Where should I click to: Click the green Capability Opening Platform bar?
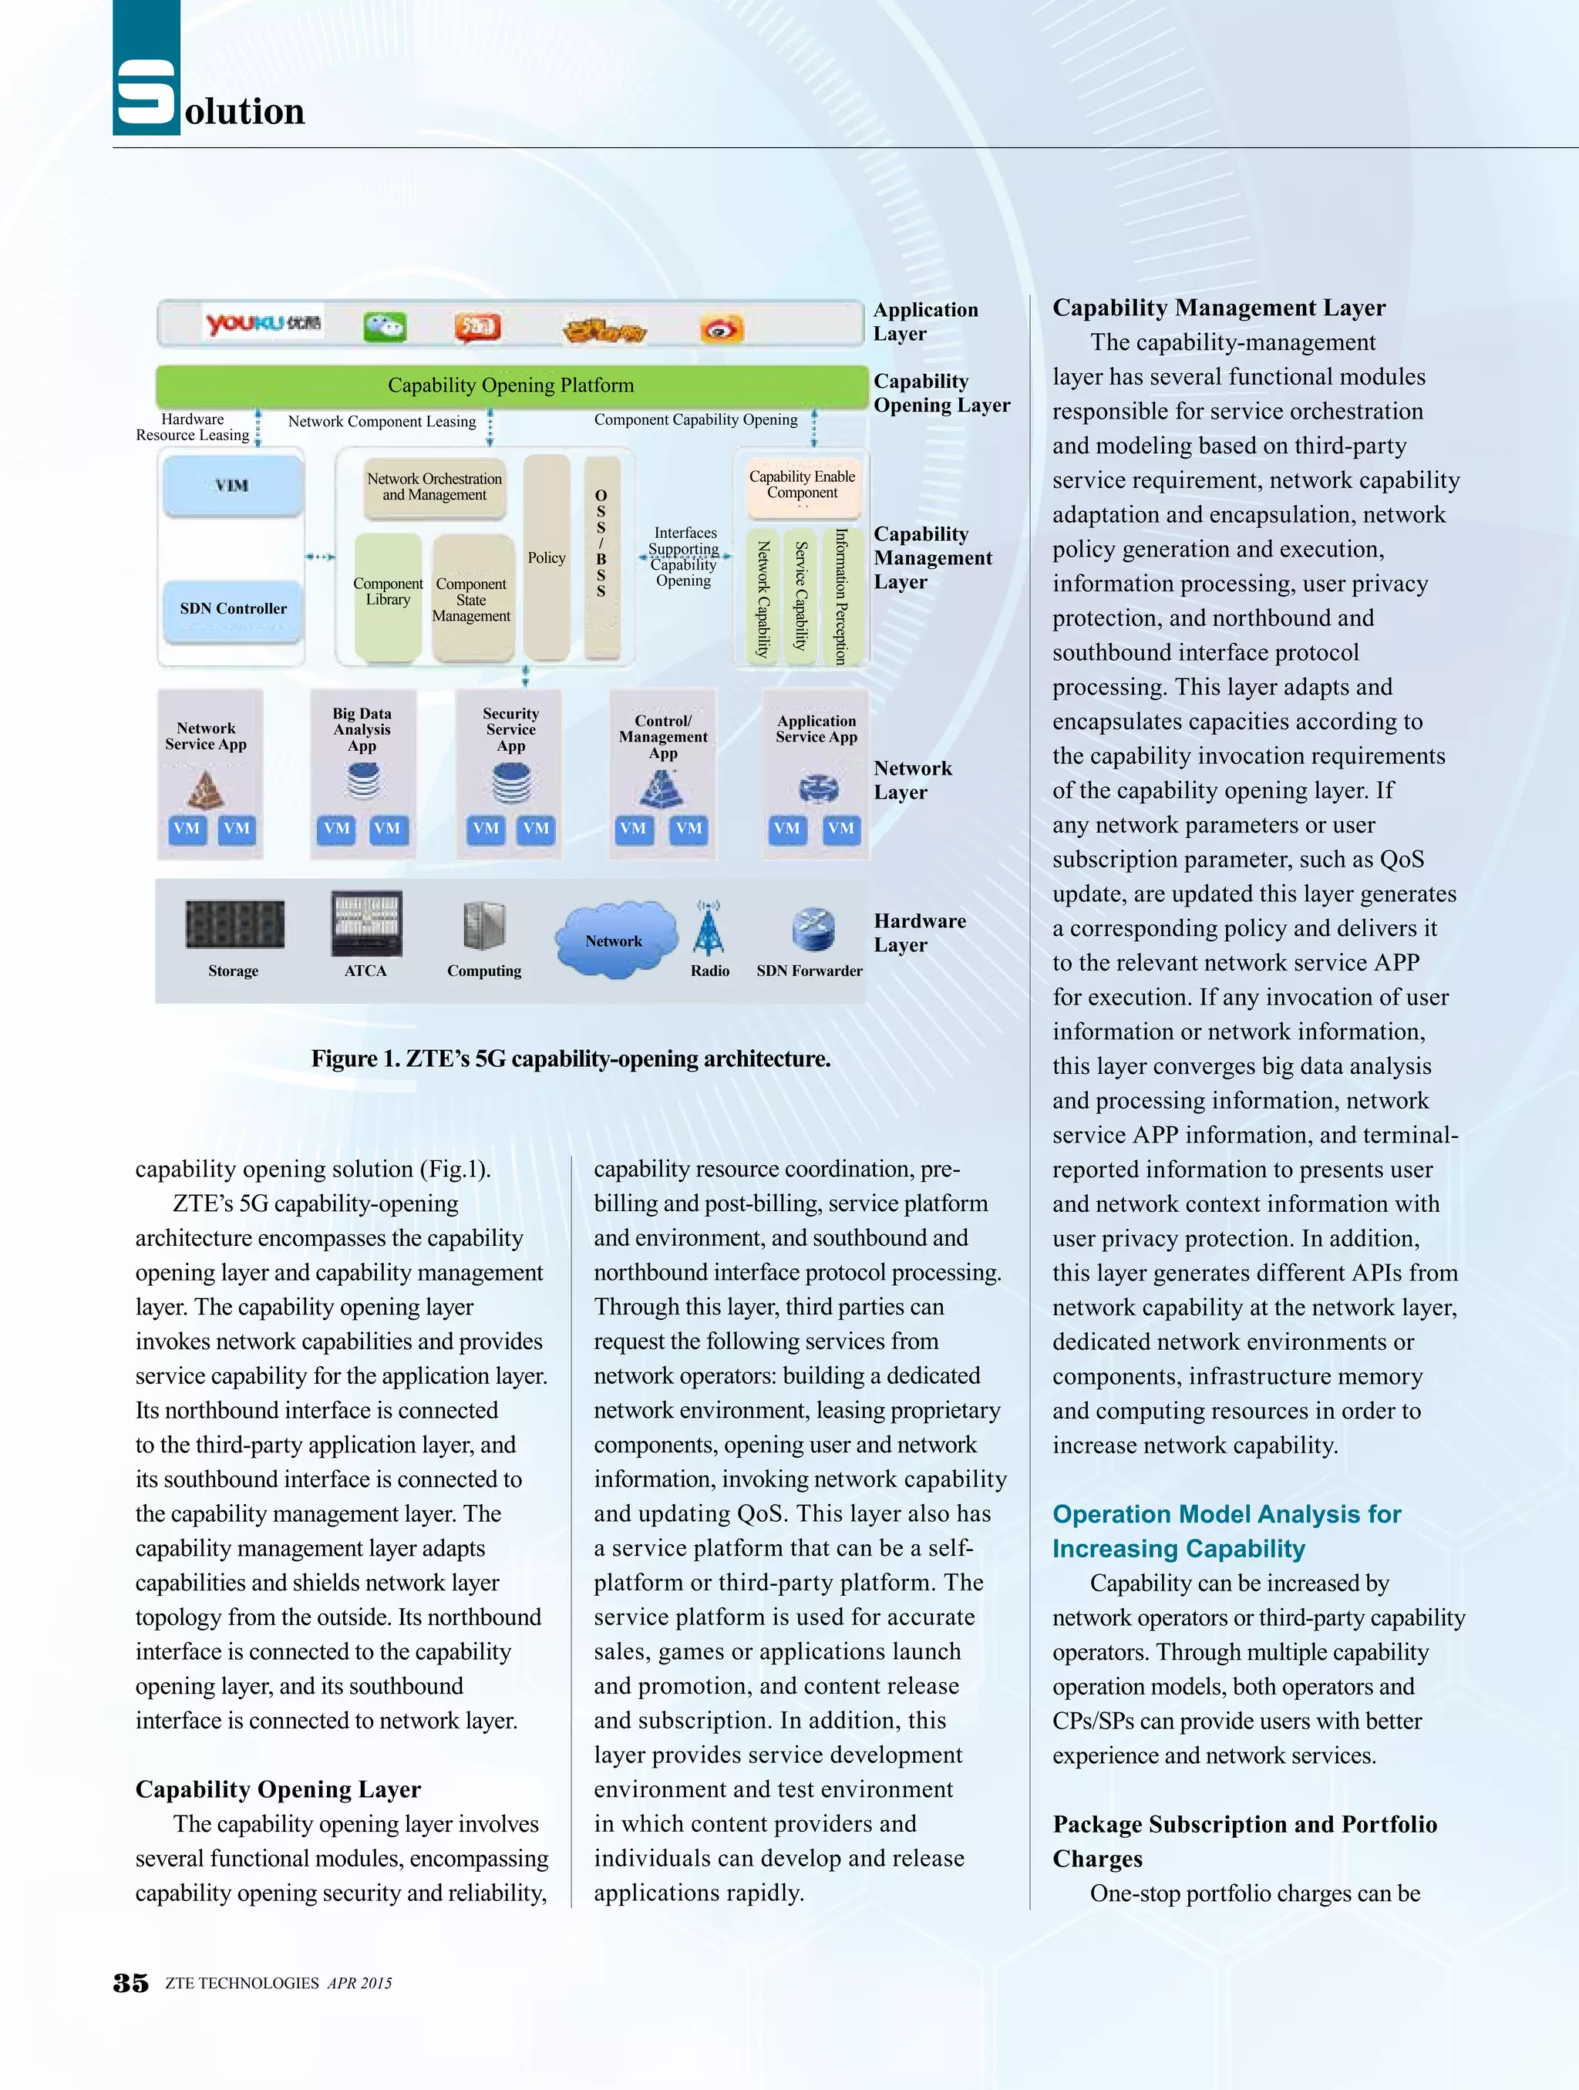511,385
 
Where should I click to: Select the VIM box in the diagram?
233,486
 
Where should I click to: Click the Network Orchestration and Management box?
435,487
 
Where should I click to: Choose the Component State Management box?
472,599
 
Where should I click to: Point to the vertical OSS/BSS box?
601,557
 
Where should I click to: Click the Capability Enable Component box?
803,486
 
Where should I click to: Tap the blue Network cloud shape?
615,939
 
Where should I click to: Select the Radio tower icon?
709,929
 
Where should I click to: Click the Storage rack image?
234,923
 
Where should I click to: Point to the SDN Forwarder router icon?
813,929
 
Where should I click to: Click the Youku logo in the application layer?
263,324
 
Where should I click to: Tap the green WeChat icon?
385,327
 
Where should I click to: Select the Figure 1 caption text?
571,1059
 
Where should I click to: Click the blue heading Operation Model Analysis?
1227,1530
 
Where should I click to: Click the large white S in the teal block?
146,92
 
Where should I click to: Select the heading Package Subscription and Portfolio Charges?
1244,1840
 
